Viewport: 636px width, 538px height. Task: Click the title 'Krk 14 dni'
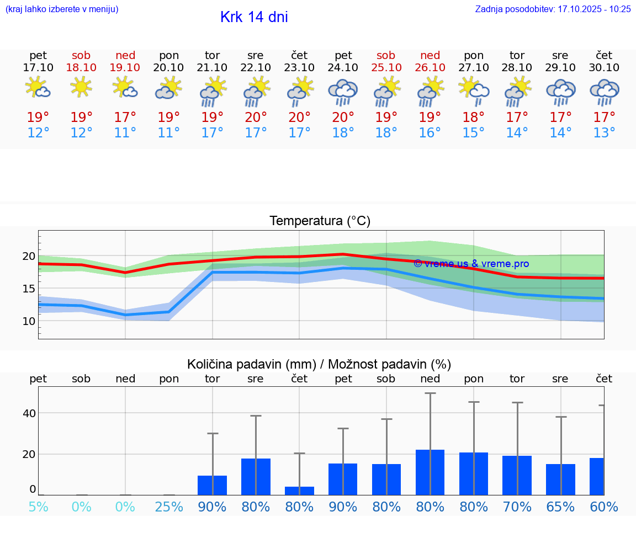pyautogui.click(x=254, y=17)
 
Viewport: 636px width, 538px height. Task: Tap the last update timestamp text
pyautogui.click(x=553, y=9)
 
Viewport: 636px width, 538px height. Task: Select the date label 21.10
pyautogui.click(x=212, y=67)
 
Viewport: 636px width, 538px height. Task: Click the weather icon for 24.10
pyautogui.click(x=343, y=92)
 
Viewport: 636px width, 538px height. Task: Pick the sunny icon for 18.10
pyautogui.click(x=81, y=87)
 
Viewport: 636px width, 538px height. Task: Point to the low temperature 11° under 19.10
pyautogui.click(x=125, y=133)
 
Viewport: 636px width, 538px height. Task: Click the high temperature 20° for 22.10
pyautogui.click(x=256, y=118)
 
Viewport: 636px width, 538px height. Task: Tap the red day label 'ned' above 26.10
pyautogui.click(x=430, y=55)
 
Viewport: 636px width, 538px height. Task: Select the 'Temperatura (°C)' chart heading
pyautogui.click(x=320, y=221)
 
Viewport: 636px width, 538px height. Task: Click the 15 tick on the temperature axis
pyautogui.click(x=29, y=289)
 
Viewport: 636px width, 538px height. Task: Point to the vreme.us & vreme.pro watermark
pyautogui.click(x=471, y=264)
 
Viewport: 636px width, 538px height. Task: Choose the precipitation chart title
pyautogui.click(x=319, y=364)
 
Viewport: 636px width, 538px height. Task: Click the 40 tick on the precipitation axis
pyautogui.click(x=29, y=413)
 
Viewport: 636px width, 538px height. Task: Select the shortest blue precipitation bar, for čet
pyautogui.click(x=299, y=491)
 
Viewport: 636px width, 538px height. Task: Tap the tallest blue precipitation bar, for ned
pyautogui.click(x=430, y=472)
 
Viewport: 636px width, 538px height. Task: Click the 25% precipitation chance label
pyautogui.click(x=169, y=507)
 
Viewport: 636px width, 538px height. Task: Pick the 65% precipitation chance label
pyautogui.click(x=560, y=507)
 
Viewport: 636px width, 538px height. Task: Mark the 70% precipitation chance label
pyautogui.click(x=517, y=507)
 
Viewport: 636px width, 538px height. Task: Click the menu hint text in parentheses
pyautogui.click(x=62, y=9)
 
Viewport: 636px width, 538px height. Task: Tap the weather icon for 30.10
pyautogui.click(x=604, y=92)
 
